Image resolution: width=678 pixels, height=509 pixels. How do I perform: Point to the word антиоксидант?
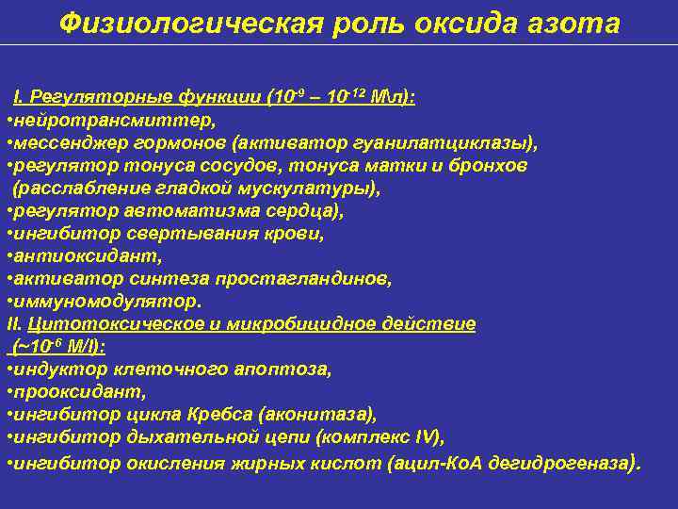tap(88, 256)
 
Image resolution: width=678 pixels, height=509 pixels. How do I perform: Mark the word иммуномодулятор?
tap(106, 302)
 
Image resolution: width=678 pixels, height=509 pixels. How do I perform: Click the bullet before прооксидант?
tap(8, 392)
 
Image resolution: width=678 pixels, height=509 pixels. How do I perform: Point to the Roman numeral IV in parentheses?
tap(425, 437)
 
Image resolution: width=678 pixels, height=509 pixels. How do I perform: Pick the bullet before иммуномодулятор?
tap(8, 302)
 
